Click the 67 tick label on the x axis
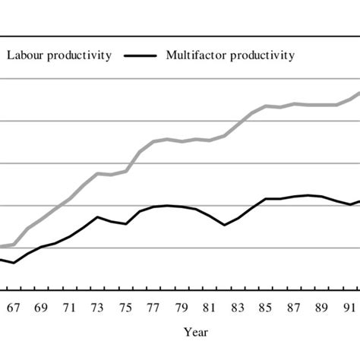13,308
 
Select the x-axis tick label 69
42,308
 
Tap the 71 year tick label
70,308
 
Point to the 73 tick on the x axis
98,308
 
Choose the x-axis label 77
154,308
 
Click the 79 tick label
182,308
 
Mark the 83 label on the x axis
238,308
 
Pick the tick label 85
267,308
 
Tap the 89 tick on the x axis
323,308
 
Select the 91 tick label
350,308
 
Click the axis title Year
194,332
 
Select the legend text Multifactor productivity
230,55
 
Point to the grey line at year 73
98,173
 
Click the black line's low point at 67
14,263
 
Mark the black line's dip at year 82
225,225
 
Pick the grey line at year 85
267,106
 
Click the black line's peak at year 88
308,195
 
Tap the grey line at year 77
154,141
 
